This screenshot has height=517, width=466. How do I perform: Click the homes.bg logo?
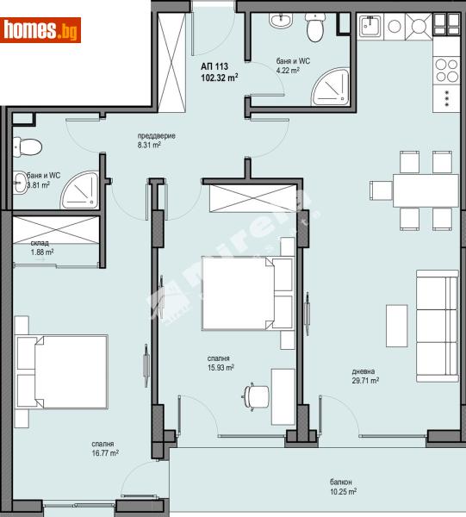coord(42,30)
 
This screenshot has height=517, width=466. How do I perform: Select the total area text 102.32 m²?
coord(219,77)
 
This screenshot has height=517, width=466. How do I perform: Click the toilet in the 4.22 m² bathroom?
coord(315,28)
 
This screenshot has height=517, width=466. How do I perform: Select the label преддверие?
coord(155,136)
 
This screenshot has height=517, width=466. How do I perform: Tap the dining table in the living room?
coord(418,189)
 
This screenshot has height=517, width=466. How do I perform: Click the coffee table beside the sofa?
coord(396,326)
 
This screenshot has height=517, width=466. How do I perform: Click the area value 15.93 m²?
coord(220,367)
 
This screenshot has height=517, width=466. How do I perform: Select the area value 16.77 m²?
coord(104,452)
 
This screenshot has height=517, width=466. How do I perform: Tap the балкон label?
coord(340,483)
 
